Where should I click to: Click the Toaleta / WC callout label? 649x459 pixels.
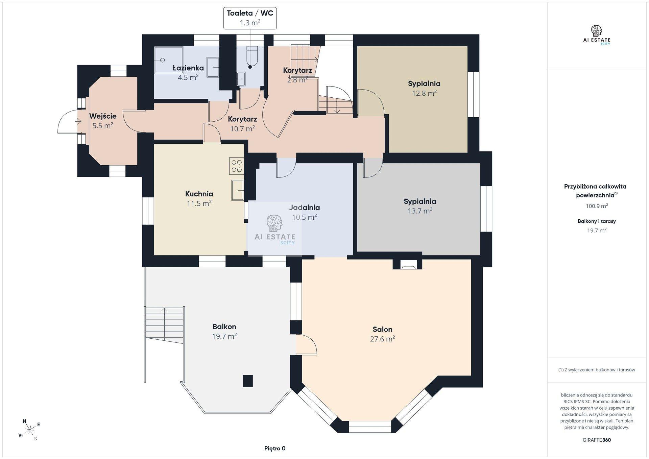pyautogui.click(x=250, y=18)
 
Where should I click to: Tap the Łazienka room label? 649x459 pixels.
pyautogui.click(x=188, y=68)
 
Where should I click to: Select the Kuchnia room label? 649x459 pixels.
pyautogui.click(x=199, y=194)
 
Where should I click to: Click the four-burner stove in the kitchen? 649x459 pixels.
pyautogui.click(x=237, y=166)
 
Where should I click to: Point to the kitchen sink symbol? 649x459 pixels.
pyautogui.click(x=238, y=190)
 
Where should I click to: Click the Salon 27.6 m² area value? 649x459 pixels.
pyautogui.click(x=383, y=339)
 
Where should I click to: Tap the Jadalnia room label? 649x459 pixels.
pyautogui.click(x=304, y=208)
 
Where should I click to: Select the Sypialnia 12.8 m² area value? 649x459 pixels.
pyautogui.click(x=424, y=93)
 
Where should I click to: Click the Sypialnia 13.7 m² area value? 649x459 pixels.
pyautogui.click(x=420, y=211)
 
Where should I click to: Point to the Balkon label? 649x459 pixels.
pyautogui.click(x=224, y=327)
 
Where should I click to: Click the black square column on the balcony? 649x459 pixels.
pyautogui.click(x=248, y=381)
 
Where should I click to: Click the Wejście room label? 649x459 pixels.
pyautogui.click(x=103, y=116)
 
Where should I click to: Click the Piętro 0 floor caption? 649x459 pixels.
pyautogui.click(x=275, y=449)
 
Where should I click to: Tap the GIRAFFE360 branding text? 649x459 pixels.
pyautogui.click(x=597, y=440)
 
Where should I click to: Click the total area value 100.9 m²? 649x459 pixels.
pyautogui.click(x=597, y=206)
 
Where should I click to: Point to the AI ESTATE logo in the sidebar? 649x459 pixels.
pyautogui.click(x=597, y=35)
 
